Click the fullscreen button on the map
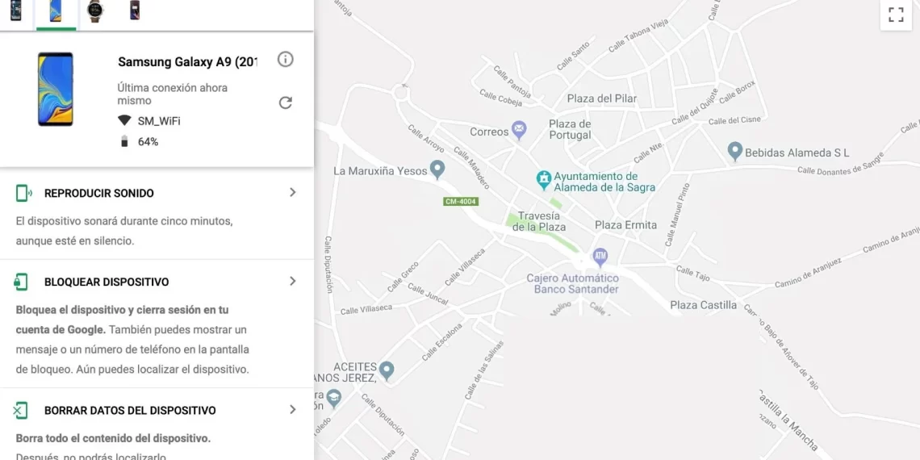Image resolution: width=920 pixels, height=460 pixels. point(895,15)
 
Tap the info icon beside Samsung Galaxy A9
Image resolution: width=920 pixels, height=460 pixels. point(285,59)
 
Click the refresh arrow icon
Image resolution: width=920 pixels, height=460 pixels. point(285,102)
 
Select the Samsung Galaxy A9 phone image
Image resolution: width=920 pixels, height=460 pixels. point(55,89)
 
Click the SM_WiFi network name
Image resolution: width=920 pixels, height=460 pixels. point(158,121)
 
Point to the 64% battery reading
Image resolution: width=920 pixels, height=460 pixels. point(148,142)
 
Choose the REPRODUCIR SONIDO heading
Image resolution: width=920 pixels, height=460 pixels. point(98,194)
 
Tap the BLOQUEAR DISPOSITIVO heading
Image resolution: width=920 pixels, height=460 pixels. point(107,282)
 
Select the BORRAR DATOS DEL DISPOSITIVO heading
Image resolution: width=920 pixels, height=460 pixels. point(130,411)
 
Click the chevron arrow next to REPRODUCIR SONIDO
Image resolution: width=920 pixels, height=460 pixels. point(292,193)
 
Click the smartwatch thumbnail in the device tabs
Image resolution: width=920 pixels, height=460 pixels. point(95,11)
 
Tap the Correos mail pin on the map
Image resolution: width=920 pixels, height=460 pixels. point(520,129)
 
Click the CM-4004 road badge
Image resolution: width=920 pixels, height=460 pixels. point(461,201)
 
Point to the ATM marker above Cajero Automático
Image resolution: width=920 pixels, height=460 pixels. point(600,257)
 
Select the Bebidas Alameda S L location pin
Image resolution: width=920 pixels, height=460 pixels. point(734,151)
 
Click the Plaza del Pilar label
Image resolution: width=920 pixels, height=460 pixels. point(601,98)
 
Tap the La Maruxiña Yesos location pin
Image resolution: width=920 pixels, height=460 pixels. point(437,169)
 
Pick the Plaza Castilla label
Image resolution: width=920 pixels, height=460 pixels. point(703,305)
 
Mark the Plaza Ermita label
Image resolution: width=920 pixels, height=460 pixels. point(625,225)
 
